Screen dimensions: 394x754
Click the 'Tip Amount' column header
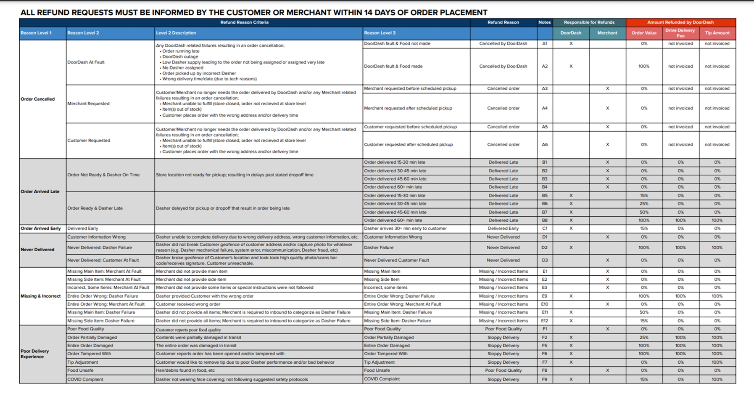pyautogui.click(x=717, y=33)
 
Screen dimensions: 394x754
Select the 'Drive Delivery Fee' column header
pyautogui.click(x=680, y=33)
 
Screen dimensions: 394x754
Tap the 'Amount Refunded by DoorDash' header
pyautogui.click(x=680, y=22)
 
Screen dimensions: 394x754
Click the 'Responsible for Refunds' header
pyautogui.click(x=589, y=22)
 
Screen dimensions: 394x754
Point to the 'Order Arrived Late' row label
pyautogui.click(x=40, y=192)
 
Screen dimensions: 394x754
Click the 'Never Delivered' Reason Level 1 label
pyautogui.click(x=37, y=250)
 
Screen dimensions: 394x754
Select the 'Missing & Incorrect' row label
pyautogui.click(x=40, y=296)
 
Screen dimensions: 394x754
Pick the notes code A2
pyautogui.click(x=544, y=66)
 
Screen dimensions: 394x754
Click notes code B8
pyautogui.click(x=544, y=220)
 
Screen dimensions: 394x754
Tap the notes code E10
pyautogui.click(x=544, y=304)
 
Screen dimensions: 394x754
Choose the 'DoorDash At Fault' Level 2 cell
pyautogui.click(x=86, y=62)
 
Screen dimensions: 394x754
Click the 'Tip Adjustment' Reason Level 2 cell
pyautogui.click(x=82, y=362)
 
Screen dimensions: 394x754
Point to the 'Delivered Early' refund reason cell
pyautogui.click(x=503, y=229)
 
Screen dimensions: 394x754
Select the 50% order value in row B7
pyautogui.click(x=644, y=212)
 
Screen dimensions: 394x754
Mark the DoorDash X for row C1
pyautogui.click(x=571, y=229)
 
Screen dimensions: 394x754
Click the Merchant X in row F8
pyautogui.click(x=607, y=370)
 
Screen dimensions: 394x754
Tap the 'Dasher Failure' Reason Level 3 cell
pyautogui.click(x=379, y=248)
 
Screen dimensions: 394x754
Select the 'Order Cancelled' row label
pyautogui.click(x=37, y=99)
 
